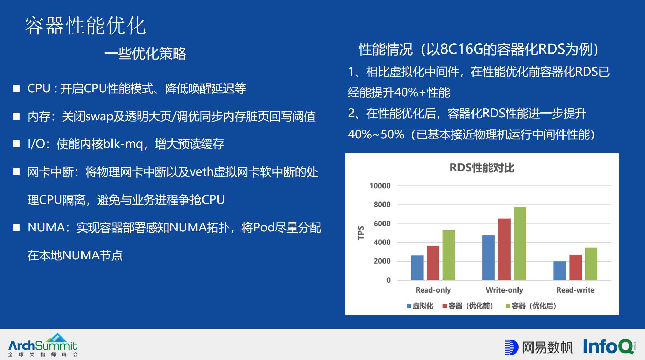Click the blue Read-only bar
pyautogui.click(x=417, y=268)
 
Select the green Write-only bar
pyautogui.click(x=520, y=243)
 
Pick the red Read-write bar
pyautogui.click(x=575, y=267)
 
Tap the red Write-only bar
pyautogui.click(x=504, y=249)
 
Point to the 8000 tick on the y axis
pyautogui.click(x=382, y=205)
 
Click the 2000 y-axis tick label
pyautogui.click(x=382, y=261)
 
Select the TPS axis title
pyautogui.click(x=361, y=233)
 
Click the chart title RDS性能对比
pyautogui.click(x=482, y=168)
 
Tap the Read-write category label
pyautogui.click(x=575, y=290)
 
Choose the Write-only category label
pyautogui.click(x=504, y=290)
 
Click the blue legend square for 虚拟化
pyautogui.click(x=409, y=306)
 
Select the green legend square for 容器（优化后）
pyautogui.click(x=508, y=306)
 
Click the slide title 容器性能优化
pyautogui.click(x=85, y=26)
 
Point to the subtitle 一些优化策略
pyautogui.click(x=145, y=54)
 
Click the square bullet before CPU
pyautogui.click(x=16, y=89)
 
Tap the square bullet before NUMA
pyautogui.click(x=16, y=227)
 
